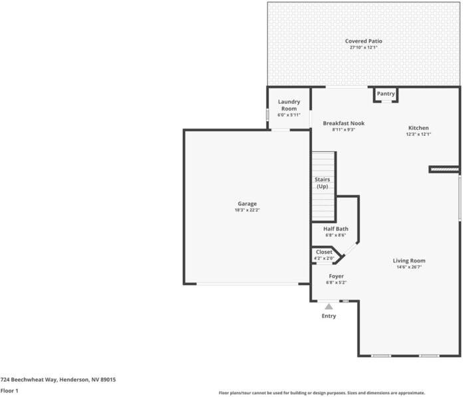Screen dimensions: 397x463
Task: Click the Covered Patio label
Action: tap(363, 41)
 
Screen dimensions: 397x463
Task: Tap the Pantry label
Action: tap(386, 94)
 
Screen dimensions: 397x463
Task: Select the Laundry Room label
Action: tap(289, 105)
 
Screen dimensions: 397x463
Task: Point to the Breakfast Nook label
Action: tap(343, 123)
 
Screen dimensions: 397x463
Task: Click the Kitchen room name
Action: tap(418, 128)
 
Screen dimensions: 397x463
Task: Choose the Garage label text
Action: tap(247, 204)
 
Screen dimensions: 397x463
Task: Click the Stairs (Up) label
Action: tap(322, 183)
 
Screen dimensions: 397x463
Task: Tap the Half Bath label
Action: tap(335, 228)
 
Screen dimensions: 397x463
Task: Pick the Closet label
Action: tap(324, 252)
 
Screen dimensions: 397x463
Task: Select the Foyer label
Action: tap(336, 276)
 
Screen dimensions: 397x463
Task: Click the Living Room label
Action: tap(409, 260)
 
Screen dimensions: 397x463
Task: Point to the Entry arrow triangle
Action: tap(329, 306)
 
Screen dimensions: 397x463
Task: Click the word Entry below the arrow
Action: tap(329, 316)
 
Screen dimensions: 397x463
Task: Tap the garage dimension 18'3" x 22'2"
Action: tap(246, 210)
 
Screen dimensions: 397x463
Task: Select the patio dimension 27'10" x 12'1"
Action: tap(363, 48)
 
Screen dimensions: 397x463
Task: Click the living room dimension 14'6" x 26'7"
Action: tap(409, 267)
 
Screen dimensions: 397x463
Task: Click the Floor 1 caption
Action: tap(9, 390)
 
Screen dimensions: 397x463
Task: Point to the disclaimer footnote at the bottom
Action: tap(322, 393)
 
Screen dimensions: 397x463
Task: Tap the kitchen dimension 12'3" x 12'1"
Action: tap(418, 135)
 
